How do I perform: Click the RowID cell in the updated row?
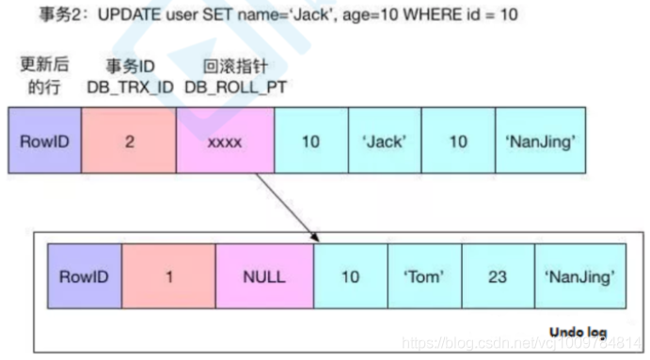(44, 142)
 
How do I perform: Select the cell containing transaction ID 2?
(128, 142)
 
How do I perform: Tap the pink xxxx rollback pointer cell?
(225, 142)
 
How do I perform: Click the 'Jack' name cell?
(385, 142)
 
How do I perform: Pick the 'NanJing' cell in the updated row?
(541, 142)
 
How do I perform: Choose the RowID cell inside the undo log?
(85, 276)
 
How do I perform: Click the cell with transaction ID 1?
(168, 276)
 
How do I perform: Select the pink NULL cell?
(264, 276)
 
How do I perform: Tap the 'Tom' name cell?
(424, 276)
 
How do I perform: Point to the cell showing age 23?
(498, 276)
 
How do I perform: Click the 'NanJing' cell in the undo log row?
(580, 276)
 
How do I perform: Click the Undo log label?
(578, 332)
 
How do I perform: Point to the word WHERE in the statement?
(428, 16)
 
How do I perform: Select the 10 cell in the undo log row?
(351, 276)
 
